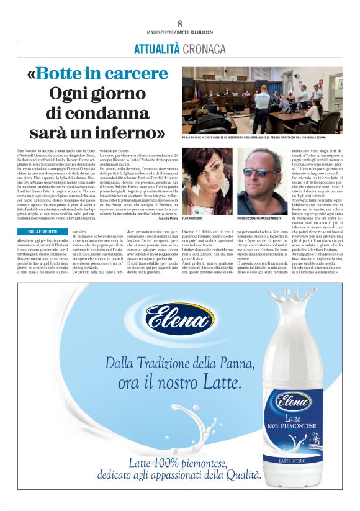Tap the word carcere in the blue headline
pyautogui.click(x=136, y=73)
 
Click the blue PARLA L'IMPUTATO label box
pyautogui.click(x=42, y=232)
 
